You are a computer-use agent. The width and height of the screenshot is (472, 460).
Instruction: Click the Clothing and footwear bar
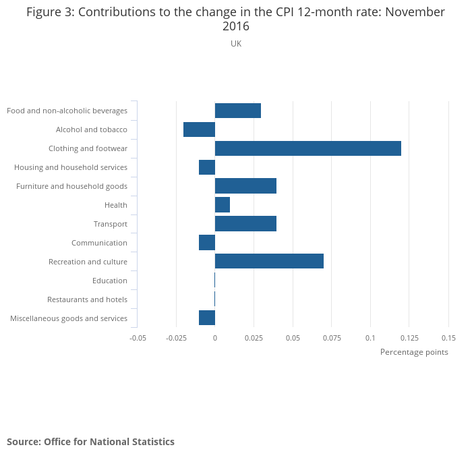[307, 148]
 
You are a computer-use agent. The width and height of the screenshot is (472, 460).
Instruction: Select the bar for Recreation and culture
[269, 261]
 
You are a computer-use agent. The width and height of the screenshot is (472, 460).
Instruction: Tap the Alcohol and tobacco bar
[199, 130]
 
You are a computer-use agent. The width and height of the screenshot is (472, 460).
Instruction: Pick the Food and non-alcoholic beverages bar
[237, 111]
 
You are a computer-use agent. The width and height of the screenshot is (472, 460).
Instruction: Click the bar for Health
[222, 204]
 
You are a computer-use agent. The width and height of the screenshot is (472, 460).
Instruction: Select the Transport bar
[245, 223]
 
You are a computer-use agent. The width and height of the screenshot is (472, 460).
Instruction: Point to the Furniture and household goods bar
[245, 186]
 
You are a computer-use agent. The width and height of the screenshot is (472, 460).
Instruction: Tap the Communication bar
[207, 242]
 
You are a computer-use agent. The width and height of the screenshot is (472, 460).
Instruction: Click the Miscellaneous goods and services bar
[207, 318]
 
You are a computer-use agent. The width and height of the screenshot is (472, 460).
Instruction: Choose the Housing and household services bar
[207, 167]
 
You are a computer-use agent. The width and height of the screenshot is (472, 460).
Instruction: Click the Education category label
[110, 281]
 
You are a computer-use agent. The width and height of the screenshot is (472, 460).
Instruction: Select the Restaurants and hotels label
[87, 299]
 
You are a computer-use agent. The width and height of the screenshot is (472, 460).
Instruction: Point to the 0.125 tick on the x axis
[409, 337]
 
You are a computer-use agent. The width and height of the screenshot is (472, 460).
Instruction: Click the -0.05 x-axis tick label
[138, 337]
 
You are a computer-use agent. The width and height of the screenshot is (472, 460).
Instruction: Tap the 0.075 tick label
[331, 337]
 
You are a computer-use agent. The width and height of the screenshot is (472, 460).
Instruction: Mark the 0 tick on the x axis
[214, 337]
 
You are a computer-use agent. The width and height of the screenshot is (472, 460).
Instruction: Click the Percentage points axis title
[414, 352]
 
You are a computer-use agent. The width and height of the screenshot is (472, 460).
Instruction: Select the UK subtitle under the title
[236, 44]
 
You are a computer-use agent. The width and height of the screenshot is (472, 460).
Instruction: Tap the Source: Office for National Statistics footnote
[90, 442]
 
